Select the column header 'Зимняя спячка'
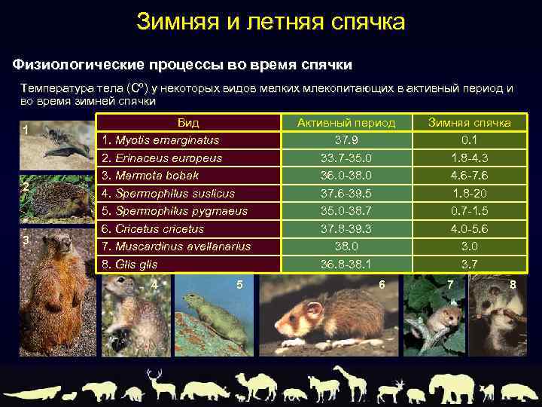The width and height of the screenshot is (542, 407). tap(469, 123)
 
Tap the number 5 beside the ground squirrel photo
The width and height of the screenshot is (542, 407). tap(239, 284)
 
